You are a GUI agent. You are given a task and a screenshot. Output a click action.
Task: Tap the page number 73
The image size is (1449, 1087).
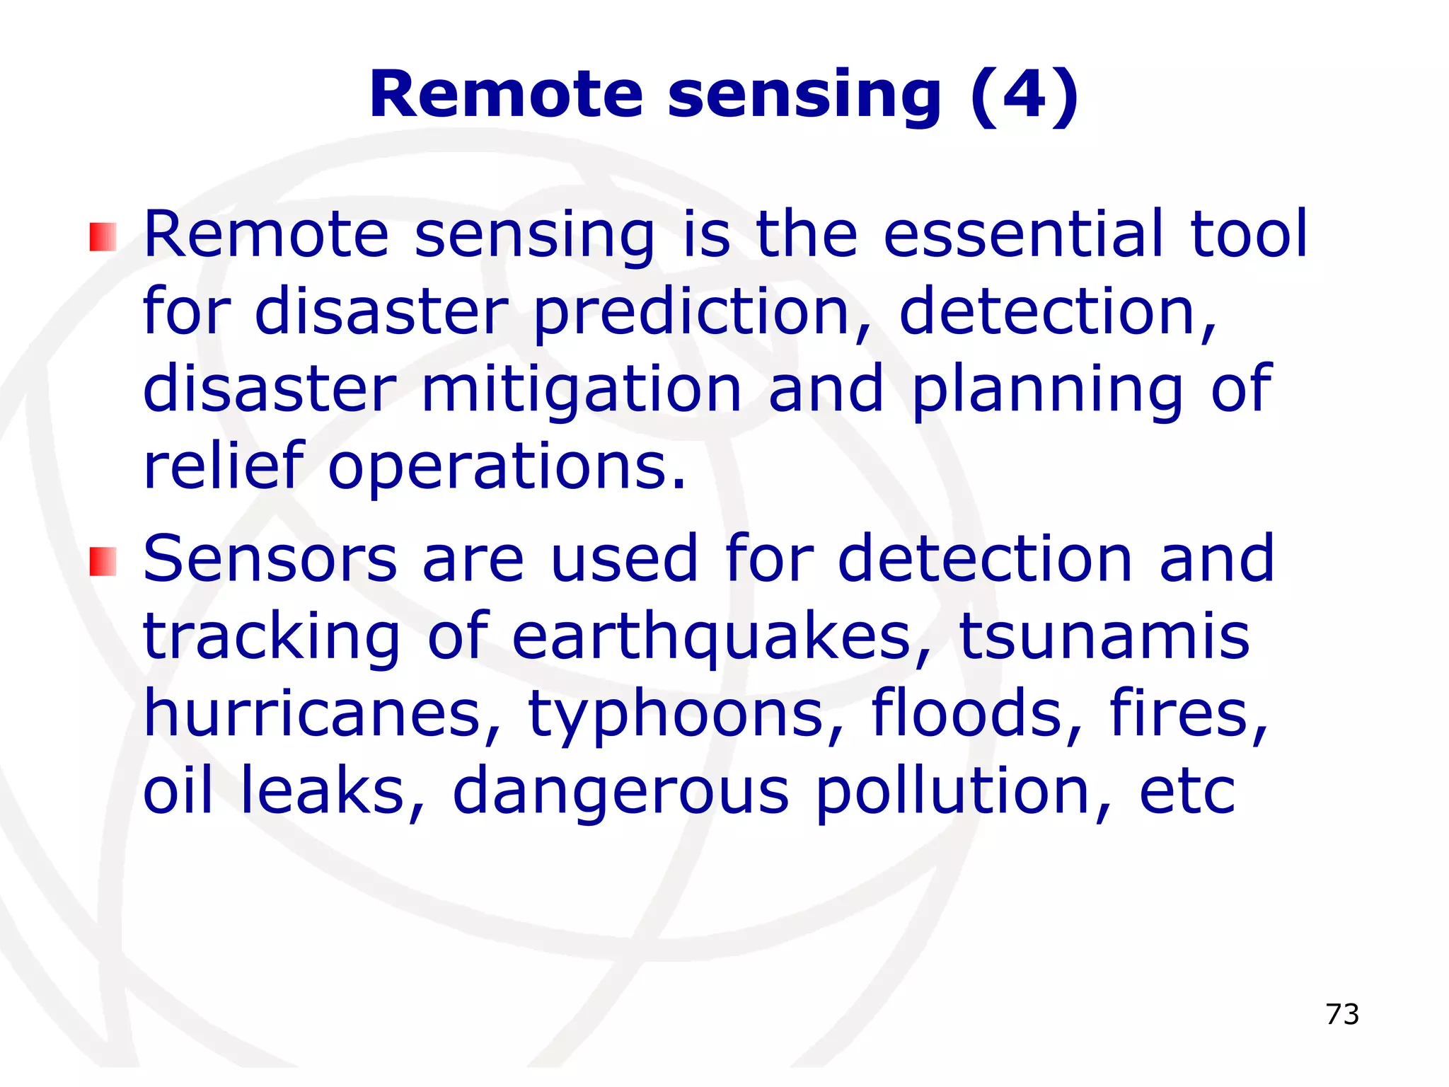pyautogui.click(x=1342, y=1014)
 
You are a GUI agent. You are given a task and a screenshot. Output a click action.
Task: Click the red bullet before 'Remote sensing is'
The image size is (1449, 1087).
pyautogui.click(x=103, y=237)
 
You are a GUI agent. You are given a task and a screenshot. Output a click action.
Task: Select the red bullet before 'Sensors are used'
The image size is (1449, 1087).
pyautogui.click(x=103, y=561)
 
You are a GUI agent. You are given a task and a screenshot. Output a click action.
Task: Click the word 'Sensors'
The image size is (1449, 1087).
pyautogui.click(x=270, y=559)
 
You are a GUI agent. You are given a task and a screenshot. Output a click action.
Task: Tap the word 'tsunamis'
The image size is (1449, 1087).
pyautogui.click(x=1104, y=637)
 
